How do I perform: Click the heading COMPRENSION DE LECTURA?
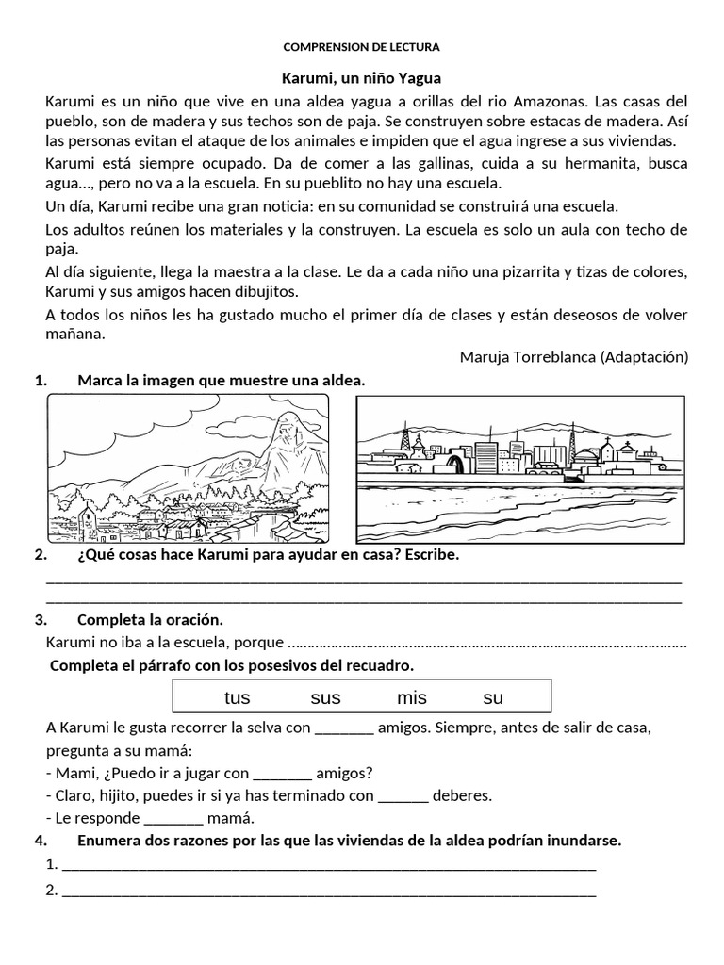tap(362, 46)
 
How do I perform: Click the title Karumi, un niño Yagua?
tap(362, 78)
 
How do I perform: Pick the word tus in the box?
tap(238, 698)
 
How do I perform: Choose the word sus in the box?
tap(325, 698)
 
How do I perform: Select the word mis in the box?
tap(411, 698)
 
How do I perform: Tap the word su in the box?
tap(493, 698)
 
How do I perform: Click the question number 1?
tap(40, 381)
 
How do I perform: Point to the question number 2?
tap(40, 555)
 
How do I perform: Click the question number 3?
tap(40, 620)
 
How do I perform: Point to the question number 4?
tap(40, 840)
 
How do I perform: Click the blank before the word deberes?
tap(403, 796)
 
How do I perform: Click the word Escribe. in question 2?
tap(431, 555)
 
